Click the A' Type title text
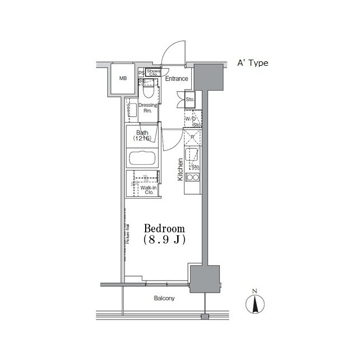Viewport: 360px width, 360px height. click(x=252, y=64)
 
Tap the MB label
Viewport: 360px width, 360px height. click(x=123, y=79)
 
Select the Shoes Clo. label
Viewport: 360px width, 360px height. click(x=153, y=72)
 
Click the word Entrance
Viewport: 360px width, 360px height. click(x=176, y=79)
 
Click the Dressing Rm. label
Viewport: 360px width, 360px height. click(x=148, y=108)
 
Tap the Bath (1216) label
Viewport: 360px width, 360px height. click(x=142, y=136)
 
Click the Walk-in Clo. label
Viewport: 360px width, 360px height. click(x=148, y=190)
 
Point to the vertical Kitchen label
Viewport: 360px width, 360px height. click(x=181, y=168)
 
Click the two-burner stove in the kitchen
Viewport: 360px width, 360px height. click(x=193, y=178)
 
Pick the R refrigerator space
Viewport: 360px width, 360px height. click(x=192, y=137)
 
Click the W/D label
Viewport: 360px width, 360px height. click(x=190, y=119)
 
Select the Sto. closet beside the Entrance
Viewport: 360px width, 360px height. click(x=190, y=100)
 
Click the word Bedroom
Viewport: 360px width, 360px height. click(x=164, y=229)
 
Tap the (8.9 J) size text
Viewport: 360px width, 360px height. click(x=164, y=240)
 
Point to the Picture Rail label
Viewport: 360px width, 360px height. click(x=128, y=233)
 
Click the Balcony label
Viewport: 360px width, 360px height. click(x=164, y=299)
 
